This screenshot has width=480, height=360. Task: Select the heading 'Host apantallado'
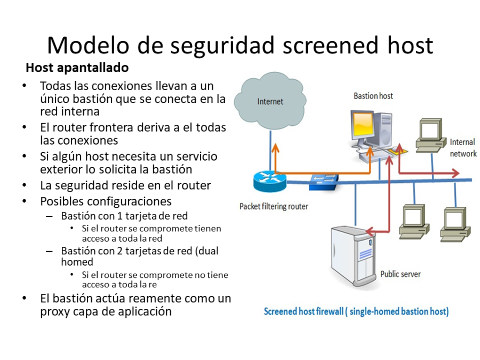click(x=77, y=68)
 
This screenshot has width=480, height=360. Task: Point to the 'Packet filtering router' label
click(x=274, y=206)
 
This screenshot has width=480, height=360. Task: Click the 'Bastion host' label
click(x=373, y=96)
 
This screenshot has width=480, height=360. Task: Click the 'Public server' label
click(x=400, y=274)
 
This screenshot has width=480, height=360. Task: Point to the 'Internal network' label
click(x=462, y=148)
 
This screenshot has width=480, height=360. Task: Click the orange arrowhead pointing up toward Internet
click(x=275, y=148)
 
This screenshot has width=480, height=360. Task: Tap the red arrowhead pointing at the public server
click(x=372, y=231)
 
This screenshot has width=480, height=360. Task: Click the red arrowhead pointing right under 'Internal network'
click(x=455, y=173)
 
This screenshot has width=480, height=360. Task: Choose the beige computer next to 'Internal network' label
click(x=430, y=133)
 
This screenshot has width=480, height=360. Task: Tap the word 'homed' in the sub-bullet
click(x=77, y=262)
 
